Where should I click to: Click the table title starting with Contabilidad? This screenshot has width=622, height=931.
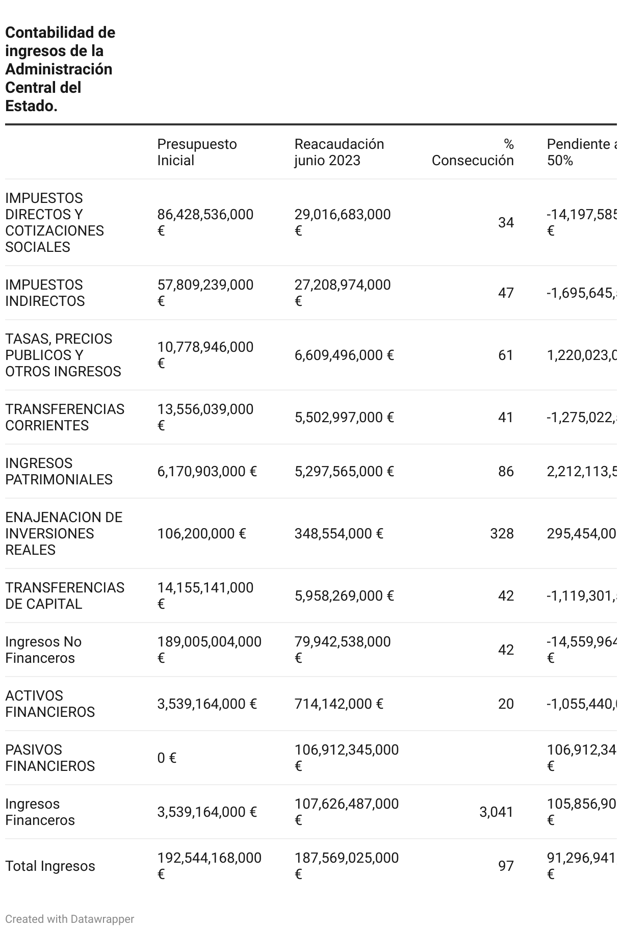click(60, 69)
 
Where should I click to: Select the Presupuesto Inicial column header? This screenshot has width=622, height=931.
click(197, 152)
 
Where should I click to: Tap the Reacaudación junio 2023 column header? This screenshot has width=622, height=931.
click(339, 152)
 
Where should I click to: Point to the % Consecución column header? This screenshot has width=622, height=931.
click(473, 152)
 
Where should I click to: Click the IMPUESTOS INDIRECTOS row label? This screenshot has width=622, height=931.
click(45, 293)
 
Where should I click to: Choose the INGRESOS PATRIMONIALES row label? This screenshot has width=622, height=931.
click(59, 471)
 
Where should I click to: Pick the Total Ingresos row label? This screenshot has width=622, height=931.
click(50, 866)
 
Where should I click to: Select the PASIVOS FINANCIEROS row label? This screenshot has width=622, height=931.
click(50, 758)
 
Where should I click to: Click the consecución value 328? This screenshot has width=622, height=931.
click(502, 533)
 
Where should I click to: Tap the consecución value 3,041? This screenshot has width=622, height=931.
click(496, 812)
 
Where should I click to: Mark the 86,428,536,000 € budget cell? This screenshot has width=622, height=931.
click(205, 222)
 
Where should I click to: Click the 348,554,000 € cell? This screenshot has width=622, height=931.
click(339, 533)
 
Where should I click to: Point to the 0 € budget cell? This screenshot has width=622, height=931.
click(167, 758)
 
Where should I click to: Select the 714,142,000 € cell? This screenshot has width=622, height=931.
click(339, 704)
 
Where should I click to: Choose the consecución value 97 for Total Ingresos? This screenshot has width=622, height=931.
click(506, 866)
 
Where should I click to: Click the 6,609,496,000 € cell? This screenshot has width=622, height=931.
click(344, 355)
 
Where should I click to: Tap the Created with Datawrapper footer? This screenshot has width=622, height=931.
click(70, 919)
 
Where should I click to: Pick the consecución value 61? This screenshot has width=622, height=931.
click(506, 355)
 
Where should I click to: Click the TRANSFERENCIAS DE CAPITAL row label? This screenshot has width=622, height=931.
click(65, 596)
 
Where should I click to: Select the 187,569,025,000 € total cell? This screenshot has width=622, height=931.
click(347, 866)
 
